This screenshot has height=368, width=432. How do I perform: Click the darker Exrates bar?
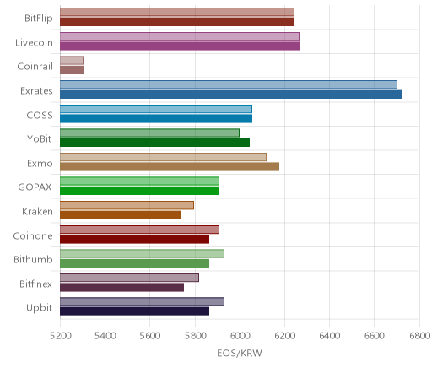tap(231, 95)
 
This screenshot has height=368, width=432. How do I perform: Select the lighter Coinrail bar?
tap(72, 60)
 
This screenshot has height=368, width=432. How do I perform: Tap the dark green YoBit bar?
tap(154, 143)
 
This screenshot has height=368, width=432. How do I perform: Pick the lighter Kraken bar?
tap(127, 205)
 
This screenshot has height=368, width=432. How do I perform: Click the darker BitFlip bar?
tap(177, 22)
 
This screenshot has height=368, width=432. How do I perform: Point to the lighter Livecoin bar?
tap(180, 36)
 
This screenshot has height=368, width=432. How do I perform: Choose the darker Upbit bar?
tap(134, 311)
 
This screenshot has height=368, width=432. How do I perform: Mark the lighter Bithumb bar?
tap(142, 253)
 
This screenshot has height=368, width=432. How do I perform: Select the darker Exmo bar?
tap(170, 167)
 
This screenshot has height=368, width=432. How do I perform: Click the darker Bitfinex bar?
tap(121, 288)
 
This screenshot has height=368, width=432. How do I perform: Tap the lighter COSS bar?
tap(156, 109)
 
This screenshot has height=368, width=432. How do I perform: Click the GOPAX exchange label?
tap(35, 187)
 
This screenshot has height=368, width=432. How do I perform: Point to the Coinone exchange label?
tap(33, 235)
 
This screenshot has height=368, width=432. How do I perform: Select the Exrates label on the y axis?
tap(36, 91)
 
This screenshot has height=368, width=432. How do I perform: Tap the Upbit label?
tap(39, 308)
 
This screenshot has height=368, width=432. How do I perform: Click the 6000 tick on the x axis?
tap(240, 336)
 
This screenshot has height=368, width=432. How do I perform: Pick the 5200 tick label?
tap(60, 336)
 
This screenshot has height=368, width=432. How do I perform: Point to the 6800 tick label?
tap(419, 336)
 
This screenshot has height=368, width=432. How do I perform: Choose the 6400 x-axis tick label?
tap(330, 336)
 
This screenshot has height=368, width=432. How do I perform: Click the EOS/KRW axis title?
tap(240, 353)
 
